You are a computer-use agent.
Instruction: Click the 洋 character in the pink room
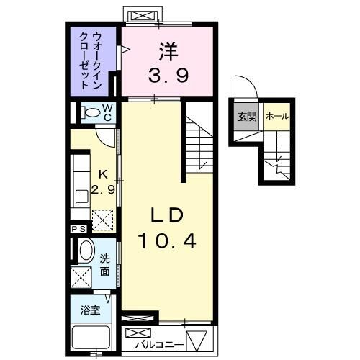coord(168,52)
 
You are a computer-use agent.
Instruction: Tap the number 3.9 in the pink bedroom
coord(168,75)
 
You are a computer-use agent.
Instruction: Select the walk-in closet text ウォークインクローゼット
coord(94,55)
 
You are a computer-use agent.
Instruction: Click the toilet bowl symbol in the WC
coord(91,112)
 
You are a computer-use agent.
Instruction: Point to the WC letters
coord(107,113)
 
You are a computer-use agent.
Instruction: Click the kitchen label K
coord(103,174)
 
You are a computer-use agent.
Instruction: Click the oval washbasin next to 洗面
coord(85,252)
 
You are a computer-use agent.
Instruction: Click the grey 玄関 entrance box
coord(245,116)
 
